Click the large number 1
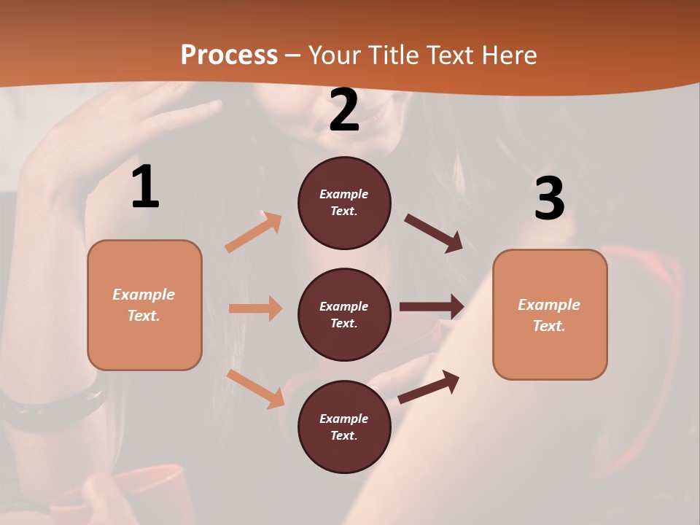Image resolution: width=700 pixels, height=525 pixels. (145, 187)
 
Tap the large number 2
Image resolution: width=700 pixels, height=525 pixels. (344, 110)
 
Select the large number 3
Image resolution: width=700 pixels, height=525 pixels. (549, 199)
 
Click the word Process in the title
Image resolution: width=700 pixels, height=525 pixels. (229, 55)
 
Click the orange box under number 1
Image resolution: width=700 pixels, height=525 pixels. (144, 305)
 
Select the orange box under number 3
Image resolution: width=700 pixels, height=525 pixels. (550, 315)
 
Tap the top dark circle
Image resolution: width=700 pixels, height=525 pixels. (344, 203)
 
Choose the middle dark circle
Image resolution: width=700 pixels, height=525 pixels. (344, 315)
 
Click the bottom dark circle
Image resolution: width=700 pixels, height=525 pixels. (344, 427)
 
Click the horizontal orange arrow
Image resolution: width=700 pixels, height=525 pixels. (256, 308)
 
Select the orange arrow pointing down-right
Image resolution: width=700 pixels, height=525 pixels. (256, 389)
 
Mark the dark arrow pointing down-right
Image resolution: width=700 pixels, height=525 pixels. (434, 233)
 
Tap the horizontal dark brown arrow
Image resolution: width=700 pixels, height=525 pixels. (432, 307)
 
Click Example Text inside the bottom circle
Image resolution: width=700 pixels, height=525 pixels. (344, 427)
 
